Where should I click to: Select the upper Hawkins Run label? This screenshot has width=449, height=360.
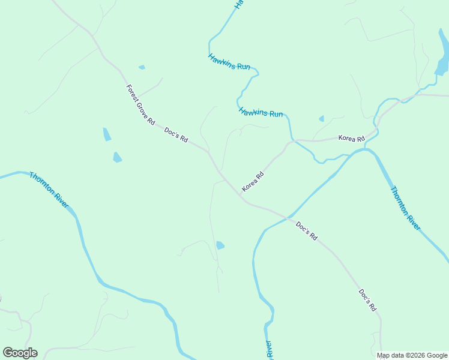(229, 62)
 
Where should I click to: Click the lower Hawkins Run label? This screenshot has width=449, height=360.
(261, 112)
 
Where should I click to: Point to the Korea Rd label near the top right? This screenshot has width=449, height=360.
(351, 139)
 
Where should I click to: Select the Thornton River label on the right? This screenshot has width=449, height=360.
(405, 208)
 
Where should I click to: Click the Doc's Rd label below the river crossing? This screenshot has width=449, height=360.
(306, 231)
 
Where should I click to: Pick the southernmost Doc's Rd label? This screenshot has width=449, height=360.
(367, 300)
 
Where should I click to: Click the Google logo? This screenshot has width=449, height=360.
(20, 353)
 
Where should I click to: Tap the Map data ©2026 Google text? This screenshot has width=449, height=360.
(412, 355)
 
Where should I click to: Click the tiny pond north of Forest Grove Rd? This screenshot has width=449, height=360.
(142, 67)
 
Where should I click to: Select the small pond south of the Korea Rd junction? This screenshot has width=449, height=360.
(220, 245)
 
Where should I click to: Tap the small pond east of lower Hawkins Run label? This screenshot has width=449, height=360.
(321, 119)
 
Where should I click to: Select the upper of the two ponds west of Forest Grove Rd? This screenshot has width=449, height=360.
(107, 134)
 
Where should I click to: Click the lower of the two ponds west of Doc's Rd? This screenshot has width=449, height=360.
(117, 157)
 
